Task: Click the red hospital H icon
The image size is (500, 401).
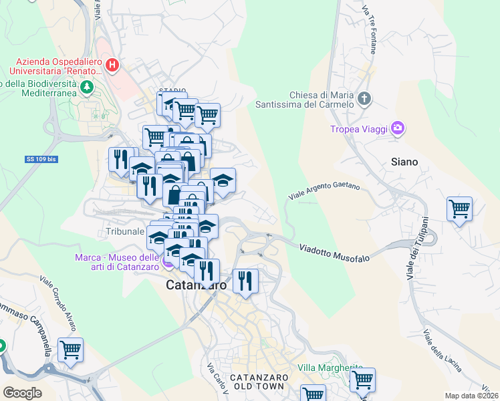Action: [112, 65]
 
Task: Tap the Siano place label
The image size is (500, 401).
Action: [404, 162]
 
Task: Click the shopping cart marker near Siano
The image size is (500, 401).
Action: [459, 209]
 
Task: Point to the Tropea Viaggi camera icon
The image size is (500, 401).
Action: [398, 128]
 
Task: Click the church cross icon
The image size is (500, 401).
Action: [364, 100]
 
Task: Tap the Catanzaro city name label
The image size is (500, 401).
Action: [196, 285]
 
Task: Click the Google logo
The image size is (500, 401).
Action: [22, 393]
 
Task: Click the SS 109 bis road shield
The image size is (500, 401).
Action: [41, 159]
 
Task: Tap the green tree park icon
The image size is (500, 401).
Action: [86, 87]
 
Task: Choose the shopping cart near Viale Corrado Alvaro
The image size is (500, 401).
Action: [70, 349]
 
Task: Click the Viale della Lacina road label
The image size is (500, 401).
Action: [442, 350]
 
